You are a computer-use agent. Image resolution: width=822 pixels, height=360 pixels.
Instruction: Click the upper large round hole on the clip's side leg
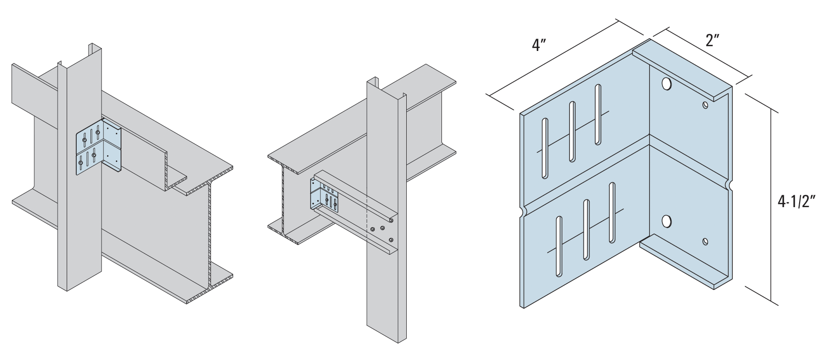point(667,84)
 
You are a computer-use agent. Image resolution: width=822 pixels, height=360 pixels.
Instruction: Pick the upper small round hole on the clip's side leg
point(705,104)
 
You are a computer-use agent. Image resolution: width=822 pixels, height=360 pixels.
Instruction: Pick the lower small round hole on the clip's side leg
point(705,241)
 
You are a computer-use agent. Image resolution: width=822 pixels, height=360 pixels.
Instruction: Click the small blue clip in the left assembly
point(99,145)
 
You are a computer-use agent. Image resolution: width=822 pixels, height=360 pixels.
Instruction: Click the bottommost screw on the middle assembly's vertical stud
point(391,240)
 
